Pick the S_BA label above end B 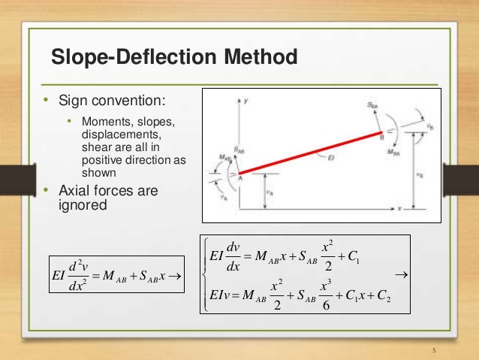pos(372,107)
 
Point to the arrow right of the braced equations pos(400,277)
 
